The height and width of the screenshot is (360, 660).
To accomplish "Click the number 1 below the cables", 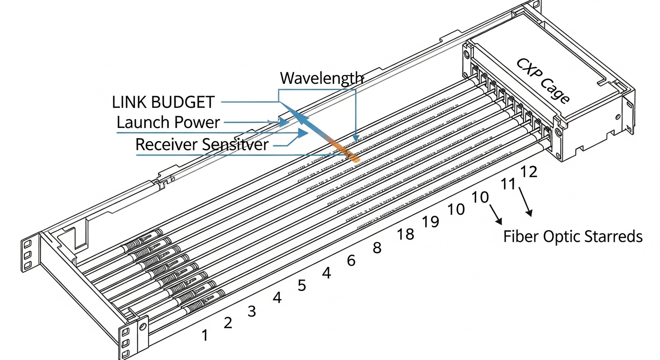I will point(204,335).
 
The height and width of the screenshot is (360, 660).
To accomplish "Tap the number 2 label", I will point(228,322).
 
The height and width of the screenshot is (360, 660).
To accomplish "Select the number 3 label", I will point(252,311).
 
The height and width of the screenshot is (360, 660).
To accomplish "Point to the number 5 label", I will point(302,285).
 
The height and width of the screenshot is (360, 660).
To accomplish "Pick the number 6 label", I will point(351,261).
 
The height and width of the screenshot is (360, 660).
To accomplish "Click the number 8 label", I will point(377,248).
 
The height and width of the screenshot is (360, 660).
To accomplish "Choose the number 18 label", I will point(405,234).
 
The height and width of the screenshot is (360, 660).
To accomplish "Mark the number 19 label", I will point(430,221).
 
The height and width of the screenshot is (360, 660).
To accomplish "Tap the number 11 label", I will point(508,184).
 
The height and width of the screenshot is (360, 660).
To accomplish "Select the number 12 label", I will point(528,172).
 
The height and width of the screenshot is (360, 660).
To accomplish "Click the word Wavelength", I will point(321,78).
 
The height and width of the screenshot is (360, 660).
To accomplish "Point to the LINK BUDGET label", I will point(163,102).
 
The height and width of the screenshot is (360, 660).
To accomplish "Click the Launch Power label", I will point(168,123).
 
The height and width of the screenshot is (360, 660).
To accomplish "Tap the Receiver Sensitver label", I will point(202,144).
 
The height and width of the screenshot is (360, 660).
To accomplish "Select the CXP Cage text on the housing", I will point(543,81).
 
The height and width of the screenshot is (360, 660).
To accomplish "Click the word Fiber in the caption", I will point(521,237).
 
